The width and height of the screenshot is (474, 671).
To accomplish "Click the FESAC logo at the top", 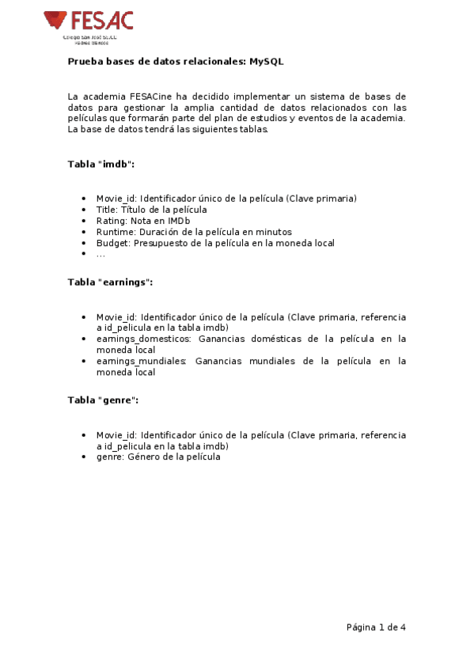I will pos(89,24).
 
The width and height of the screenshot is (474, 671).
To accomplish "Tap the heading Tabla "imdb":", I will pos(100,164).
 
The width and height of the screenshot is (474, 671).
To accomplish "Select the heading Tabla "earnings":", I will pos(110,282).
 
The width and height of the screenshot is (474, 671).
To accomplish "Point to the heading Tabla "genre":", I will pos(103,400).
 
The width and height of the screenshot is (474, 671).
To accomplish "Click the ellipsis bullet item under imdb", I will pos(100,254).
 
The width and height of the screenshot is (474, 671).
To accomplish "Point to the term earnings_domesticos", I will pos(143,339).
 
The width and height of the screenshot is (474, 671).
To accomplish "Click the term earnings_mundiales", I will pos(141,362).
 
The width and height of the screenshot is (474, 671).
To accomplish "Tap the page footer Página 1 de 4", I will pos(376,627).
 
